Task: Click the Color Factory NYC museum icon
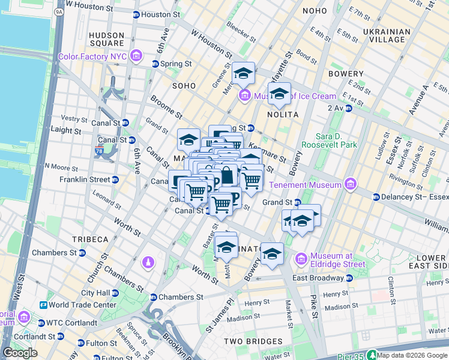[x=137, y=57]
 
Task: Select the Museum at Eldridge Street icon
[x=302, y=259]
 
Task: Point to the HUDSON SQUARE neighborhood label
[x=106, y=39]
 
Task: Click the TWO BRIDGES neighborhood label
[x=249, y=341]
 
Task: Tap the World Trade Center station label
[x=83, y=305]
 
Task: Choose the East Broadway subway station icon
[x=349, y=278]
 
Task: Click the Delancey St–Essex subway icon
[x=376, y=197]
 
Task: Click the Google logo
[x=20, y=352]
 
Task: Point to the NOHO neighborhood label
[x=315, y=11]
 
